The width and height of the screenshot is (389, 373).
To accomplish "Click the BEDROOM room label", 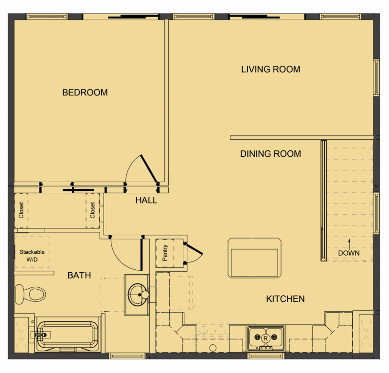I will (85, 93).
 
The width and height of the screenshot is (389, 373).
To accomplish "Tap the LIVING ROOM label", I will (271, 69).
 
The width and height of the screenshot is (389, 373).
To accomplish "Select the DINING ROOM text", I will (270, 154).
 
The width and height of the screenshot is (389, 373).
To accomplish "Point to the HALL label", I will (146, 200).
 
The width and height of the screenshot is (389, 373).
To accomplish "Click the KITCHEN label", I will (285, 298).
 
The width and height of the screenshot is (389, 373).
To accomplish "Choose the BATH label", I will (79, 276).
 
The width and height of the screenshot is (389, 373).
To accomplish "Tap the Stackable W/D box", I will (32, 255).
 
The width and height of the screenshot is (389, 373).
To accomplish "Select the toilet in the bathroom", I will (31, 294).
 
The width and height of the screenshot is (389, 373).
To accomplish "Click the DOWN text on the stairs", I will (349, 253).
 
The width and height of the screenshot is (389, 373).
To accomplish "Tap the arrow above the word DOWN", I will (349, 242).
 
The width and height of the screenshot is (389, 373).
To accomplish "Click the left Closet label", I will (21, 211).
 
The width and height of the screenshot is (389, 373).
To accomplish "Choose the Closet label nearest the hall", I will (93, 211).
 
